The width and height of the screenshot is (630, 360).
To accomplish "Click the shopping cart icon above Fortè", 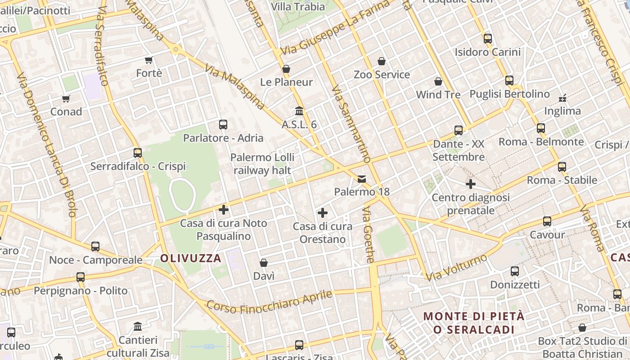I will point(149,60).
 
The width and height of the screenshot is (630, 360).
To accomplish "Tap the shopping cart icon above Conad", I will point(66,99).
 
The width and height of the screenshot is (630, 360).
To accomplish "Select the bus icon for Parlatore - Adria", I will point(223,125).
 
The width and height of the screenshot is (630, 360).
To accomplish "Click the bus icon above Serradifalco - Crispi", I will point(138,153).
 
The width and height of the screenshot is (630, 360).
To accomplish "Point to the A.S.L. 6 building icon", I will point(299,111).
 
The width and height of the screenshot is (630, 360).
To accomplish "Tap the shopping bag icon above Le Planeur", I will point(286,69).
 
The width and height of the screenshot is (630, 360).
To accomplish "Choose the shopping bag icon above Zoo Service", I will point(382,61).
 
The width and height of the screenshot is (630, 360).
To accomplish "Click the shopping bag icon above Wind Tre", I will point(438,81).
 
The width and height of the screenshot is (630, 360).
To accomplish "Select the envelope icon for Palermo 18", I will point(362,179).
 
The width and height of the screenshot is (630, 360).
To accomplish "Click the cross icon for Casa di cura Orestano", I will point(322,213).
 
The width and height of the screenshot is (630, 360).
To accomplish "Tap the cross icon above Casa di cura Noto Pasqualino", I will point(224,210).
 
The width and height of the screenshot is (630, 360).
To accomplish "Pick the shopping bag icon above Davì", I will point(264,263).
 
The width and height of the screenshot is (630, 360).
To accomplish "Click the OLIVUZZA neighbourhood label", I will point(191,258).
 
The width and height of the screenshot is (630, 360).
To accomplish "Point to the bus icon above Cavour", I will point(547,221).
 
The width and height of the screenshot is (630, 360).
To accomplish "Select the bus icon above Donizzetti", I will point(515,271).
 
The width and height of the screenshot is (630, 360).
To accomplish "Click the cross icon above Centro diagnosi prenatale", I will point(471,184).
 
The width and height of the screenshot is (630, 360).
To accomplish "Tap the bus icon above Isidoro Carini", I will point(488,39).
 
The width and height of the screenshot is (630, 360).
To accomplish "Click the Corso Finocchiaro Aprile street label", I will point(269,302).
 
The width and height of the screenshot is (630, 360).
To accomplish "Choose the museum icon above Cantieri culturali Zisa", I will point(138,326).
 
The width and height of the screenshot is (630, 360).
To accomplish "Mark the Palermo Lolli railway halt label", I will point(262,164).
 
